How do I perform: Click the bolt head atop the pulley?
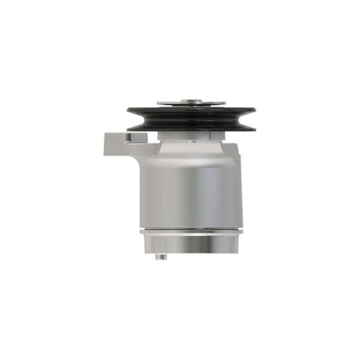point(191,100)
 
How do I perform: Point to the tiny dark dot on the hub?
point(194,141)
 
